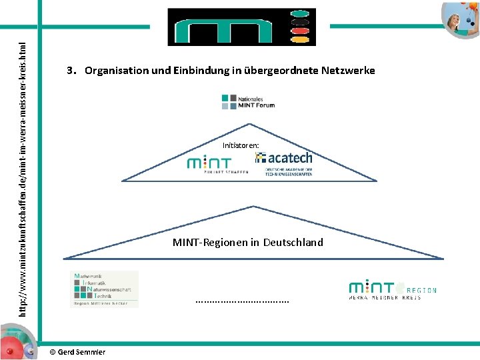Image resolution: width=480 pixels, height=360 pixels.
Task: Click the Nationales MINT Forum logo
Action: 248,101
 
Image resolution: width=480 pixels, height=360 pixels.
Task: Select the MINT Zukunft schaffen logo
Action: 217,164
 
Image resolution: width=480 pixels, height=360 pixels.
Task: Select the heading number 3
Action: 70,71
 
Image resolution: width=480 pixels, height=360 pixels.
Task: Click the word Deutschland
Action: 293,243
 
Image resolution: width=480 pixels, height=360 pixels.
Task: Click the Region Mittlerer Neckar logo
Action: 104,289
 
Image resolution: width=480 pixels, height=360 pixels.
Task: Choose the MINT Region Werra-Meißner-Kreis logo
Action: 393,291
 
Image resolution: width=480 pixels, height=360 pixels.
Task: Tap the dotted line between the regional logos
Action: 243,301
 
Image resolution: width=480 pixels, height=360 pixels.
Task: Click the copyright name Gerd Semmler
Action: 82,352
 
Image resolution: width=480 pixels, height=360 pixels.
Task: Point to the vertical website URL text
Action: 23,180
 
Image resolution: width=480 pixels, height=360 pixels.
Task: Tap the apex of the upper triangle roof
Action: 249,125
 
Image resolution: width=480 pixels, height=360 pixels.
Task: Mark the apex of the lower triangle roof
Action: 253,206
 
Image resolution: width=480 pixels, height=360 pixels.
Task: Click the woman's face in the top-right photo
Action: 460,11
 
